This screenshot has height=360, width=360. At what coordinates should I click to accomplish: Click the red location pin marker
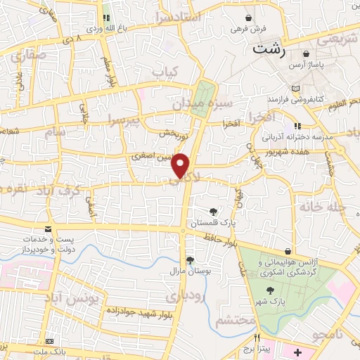pyautogui.click(x=181, y=165)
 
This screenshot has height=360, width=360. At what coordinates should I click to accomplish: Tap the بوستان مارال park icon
pyautogui.click(x=190, y=259)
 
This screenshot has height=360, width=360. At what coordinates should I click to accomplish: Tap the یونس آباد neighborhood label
pyautogui.click(x=72, y=298)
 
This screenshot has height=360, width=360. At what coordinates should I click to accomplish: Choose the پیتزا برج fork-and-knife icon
pyautogui.click(x=257, y=336)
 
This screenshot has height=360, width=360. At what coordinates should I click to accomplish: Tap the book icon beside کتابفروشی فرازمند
pyautogui.click(x=295, y=88)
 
